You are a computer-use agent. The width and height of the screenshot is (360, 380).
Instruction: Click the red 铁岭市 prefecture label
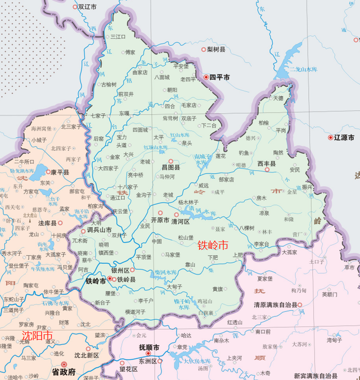click(x=213, y=245)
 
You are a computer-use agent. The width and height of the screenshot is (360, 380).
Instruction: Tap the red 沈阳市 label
click(x=37, y=336)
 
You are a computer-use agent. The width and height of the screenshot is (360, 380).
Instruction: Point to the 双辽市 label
click(x=87, y=7)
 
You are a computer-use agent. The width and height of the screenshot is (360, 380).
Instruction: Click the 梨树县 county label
click(x=215, y=50)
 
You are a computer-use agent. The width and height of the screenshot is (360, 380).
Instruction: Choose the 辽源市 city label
click(x=344, y=137)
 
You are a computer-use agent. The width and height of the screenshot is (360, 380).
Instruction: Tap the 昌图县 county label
click(x=170, y=167)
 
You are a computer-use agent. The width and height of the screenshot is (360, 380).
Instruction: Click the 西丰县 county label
click(x=267, y=163)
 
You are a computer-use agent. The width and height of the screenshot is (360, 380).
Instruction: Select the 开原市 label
click(x=160, y=220)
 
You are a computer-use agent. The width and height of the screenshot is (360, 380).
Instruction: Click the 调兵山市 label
click(x=100, y=230)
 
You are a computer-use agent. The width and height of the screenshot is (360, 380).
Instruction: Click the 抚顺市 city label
click(x=149, y=347)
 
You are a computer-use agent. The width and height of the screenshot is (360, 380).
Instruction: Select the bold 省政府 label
click(x=64, y=372)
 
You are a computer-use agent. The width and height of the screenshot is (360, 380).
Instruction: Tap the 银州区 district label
click(x=121, y=270)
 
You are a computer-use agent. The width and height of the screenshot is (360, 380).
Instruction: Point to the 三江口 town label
click(x=118, y=37)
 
